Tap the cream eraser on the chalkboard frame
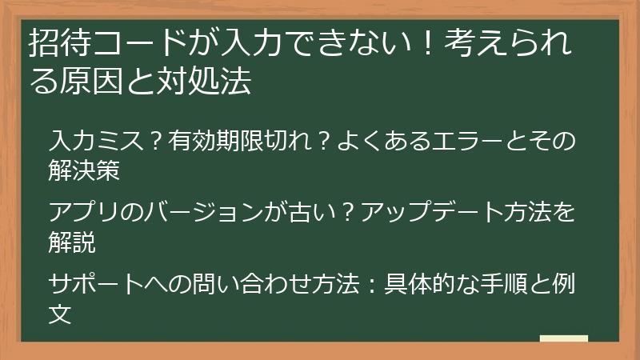[563, 338]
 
